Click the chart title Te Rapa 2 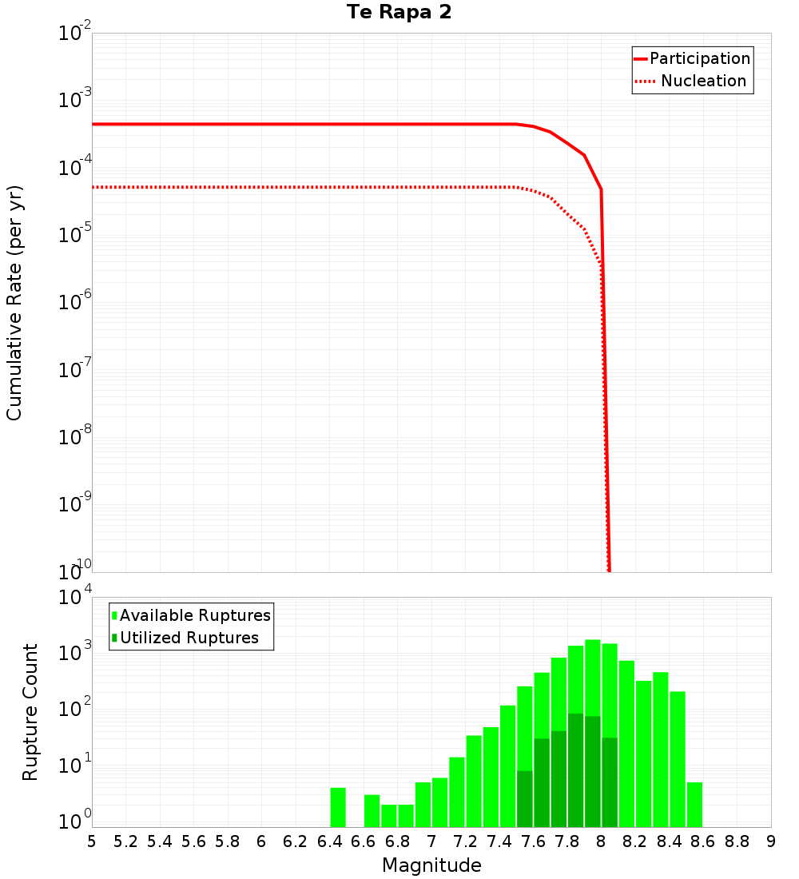(x=399, y=13)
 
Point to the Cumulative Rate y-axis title (x=15, y=302)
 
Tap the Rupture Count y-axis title (x=30, y=711)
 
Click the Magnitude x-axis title (x=431, y=865)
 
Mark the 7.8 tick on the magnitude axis (x=567, y=841)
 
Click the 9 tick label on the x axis (x=770, y=841)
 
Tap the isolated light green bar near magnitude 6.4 (x=338, y=808)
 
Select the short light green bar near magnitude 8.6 (x=694, y=805)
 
